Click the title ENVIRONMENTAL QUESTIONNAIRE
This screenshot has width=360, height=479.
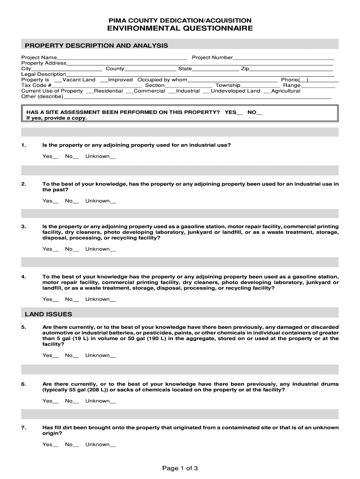point(180,29)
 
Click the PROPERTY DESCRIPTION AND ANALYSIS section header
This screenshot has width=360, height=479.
point(96,45)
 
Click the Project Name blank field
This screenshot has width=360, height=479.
point(122,58)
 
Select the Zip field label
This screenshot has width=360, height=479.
point(245,69)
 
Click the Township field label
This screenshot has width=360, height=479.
point(228,86)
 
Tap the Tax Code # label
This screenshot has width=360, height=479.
point(36,86)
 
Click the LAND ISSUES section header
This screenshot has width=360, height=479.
point(48,314)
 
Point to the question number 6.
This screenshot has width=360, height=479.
point(23,384)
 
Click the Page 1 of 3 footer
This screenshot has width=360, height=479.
point(180,468)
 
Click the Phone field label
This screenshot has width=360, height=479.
point(289,80)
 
